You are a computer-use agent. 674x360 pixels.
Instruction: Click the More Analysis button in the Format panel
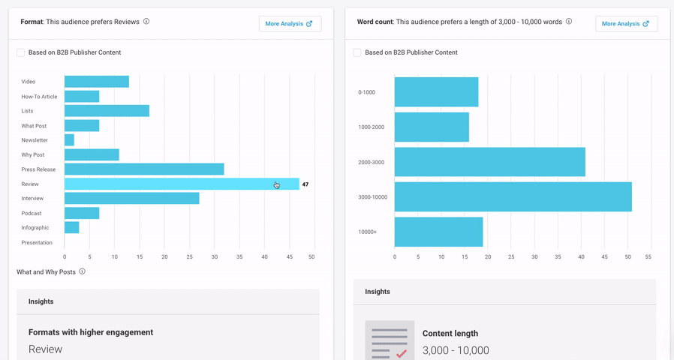pyautogui.click(x=290, y=24)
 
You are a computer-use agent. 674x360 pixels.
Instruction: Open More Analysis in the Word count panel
pyautogui.click(x=626, y=24)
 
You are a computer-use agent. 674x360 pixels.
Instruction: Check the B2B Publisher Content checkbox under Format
pyautogui.click(x=21, y=52)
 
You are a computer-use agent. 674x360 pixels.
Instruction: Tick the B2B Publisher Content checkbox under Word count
pyautogui.click(x=358, y=52)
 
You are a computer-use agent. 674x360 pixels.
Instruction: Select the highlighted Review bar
pyautogui.click(x=182, y=184)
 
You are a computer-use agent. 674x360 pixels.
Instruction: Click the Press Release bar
pyautogui.click(x=144, y=169)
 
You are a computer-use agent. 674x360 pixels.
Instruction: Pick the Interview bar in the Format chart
pyautogui.click(x=131, y=199)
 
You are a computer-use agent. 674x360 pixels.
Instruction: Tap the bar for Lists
pyautogui.click(x=107, y=111)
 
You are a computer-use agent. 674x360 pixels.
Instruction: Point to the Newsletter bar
pyautogui.click(x=69, y=140)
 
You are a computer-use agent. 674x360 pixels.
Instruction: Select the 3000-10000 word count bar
pyautogui.click(x=513, y=197)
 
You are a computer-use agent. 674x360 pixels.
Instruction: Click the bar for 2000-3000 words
pyautogui.click(x=489, y=162)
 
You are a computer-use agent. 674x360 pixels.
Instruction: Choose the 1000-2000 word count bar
pyautogui.click(x=432, y=127)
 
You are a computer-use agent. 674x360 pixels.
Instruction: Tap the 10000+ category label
pyautogui.click(x=368, y=232)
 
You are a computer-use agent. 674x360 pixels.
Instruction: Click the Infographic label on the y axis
pyautogui.click(x=35, y=228)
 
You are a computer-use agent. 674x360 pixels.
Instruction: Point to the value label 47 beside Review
pyautogui.click(x=305, y=184)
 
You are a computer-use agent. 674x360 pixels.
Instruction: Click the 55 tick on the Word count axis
pyautogui.click(x=648, y=257)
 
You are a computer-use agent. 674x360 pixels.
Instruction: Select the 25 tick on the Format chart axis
pyautogui.click(x=190, y=257)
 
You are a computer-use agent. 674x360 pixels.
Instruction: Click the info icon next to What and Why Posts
pyautogui.click(x=83, y=271)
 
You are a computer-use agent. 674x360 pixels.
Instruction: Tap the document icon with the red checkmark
pyautogui.click(x=390, y=340)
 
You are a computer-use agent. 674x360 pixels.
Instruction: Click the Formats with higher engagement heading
pyautogui.click(x=91, y=332)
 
